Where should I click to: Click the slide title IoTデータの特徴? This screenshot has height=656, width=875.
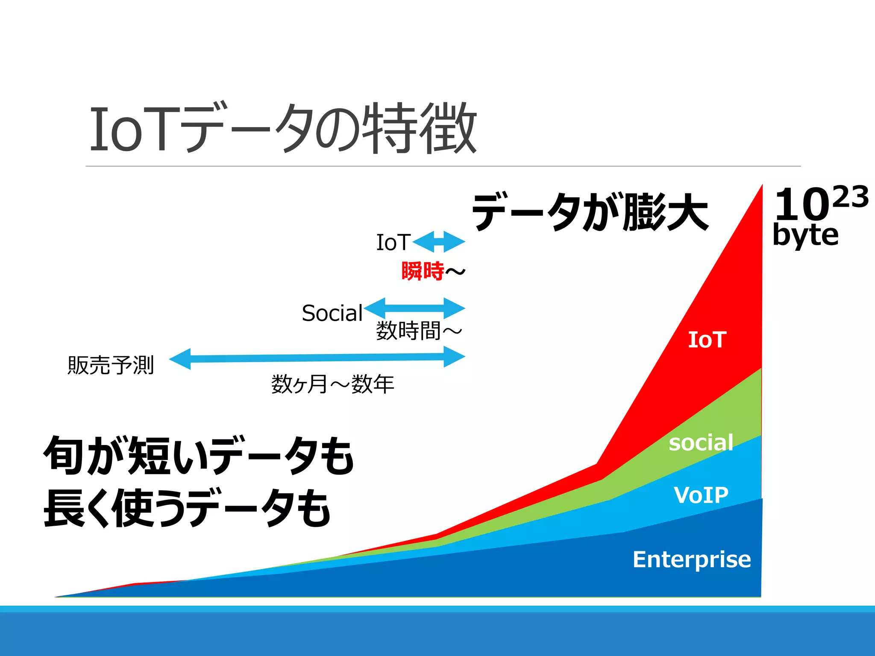pyautogui.click(x=283, y=128)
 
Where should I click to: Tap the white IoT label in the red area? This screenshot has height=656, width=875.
pyautogui.click(x=707, y=340)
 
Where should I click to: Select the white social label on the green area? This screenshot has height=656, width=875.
pyautogui.click(x=701, y=443)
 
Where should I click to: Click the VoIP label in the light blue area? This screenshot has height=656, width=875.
pyautogui.click(x=701, y=495)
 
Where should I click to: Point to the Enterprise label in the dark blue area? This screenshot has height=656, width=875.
pyautogui.click(x=692, y=559)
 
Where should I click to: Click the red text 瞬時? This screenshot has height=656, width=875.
pyautogui.click(x=423, y=271)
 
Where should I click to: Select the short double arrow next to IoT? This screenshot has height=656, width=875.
pyautogui.click(x=439, y=242)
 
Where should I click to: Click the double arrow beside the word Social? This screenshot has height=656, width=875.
pyautogui.click(x=415, y=308)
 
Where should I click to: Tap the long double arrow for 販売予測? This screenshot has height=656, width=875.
pyautogui.click(x=317, y=357)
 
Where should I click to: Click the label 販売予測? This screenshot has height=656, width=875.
pyautogui.click(x=111, y=366)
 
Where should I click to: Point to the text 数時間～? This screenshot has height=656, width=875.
pyautogui.click(x=419, y=331)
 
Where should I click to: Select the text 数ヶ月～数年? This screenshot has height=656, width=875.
pyautogui.click(x=332, y=384)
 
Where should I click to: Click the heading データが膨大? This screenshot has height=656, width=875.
pyautogui.click(x=590, y=212)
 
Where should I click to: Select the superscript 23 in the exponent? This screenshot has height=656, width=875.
pyautogui.click(x=851, y=197)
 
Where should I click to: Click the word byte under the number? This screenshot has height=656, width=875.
pyautogui.click(x=806, y=235)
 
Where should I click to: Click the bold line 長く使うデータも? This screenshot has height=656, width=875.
pyautogui.click(x=187, y=508)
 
